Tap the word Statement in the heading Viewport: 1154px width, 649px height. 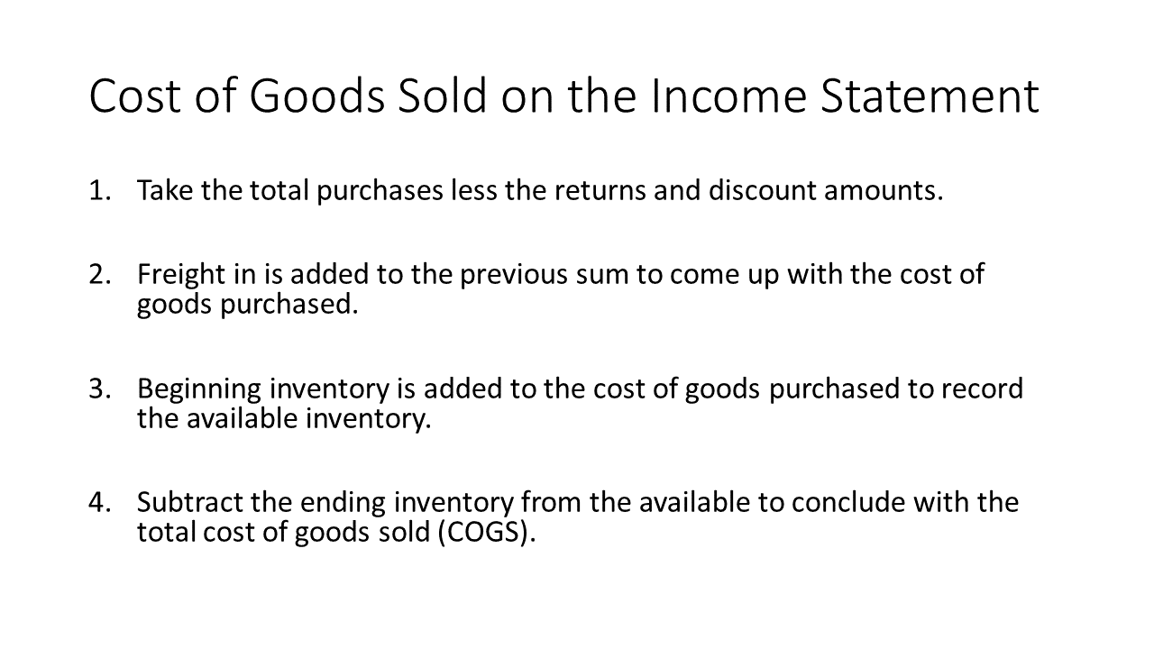[x=930, y=96]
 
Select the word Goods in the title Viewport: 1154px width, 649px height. [x=316, y=96]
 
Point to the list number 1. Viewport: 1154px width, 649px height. [x=100, y=190]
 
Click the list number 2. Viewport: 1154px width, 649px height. [x=100, y=275]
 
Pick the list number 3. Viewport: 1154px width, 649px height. [x=100, y=388]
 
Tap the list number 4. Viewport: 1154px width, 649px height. [x=100, y=503]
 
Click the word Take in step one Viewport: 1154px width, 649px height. [x=165, y=190]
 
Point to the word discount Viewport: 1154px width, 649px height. [x=762, y=190]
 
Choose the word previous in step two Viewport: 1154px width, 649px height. [x=514, y=275]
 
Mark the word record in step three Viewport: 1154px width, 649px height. [x=983, y=388]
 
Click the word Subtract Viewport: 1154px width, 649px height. [x=190, y=502]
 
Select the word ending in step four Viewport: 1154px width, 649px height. [x=343, y=504]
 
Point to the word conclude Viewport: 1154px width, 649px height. [x=848, y=502]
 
